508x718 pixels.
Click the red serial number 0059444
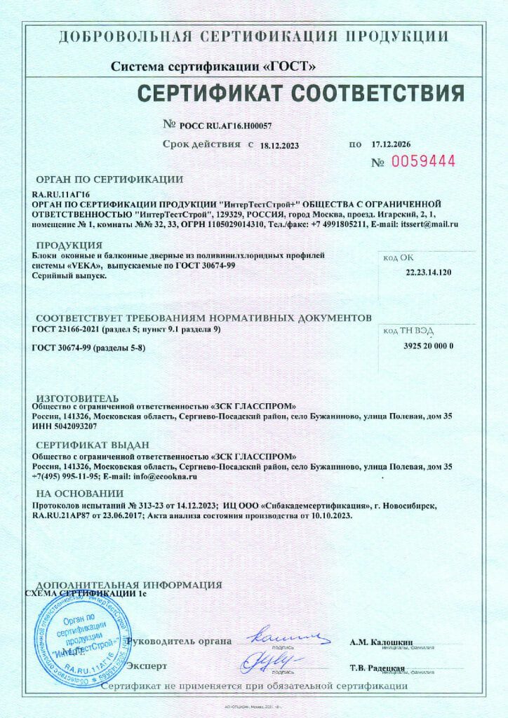tap(423, 161)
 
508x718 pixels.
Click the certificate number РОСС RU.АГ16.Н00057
tap(225, 126)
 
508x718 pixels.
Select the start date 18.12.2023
tap(279, 146)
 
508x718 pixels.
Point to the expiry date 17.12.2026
tap(391, 144)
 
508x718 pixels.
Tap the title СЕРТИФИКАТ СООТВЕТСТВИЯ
tap(300, 93)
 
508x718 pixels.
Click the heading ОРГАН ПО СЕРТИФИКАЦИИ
tap(109, 179)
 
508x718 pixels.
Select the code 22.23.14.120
tap(429, 271)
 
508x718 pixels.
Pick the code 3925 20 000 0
tap(429, 346)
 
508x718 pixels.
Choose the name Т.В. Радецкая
tap(377, 667)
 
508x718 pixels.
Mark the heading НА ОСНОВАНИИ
tap(79, 493)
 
